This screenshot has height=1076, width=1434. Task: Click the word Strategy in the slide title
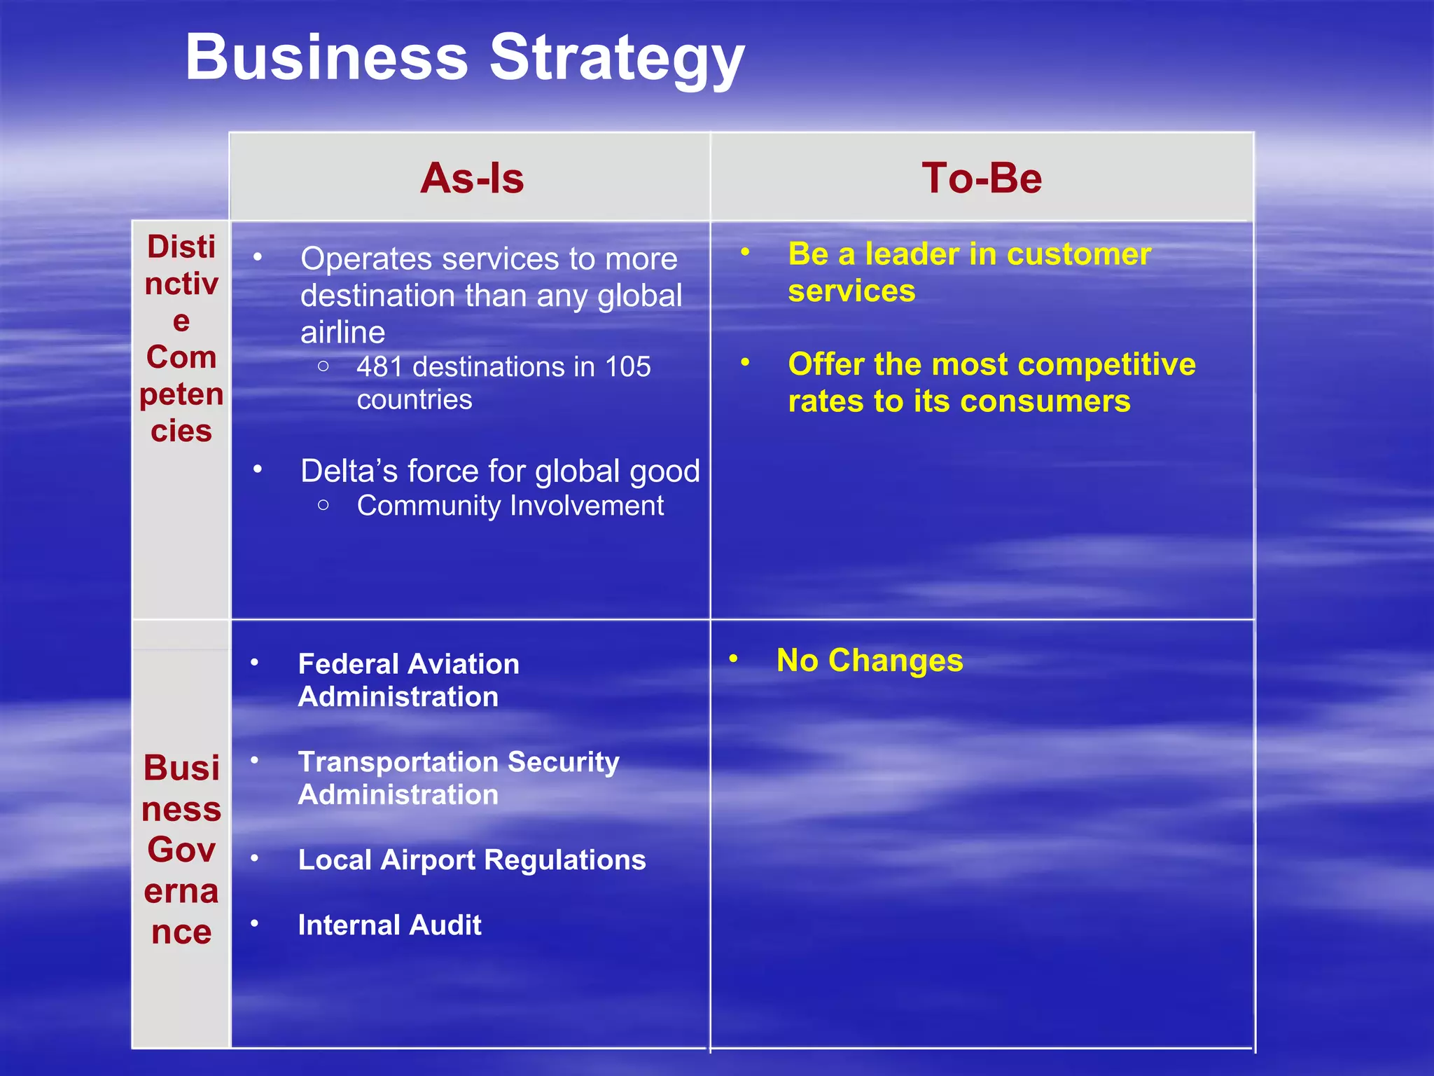616,59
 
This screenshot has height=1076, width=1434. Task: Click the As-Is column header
472,178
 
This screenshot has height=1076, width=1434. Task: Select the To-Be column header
982,178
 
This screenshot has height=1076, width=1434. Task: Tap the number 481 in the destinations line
379,367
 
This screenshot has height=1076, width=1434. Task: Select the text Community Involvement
510,506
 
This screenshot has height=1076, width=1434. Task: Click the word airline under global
342,332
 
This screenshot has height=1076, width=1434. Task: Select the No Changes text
870,661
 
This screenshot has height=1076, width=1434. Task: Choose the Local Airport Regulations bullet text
472,860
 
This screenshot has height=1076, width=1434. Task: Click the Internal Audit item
389,925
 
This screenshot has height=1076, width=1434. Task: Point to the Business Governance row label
181,849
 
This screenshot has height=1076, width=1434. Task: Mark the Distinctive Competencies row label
181,339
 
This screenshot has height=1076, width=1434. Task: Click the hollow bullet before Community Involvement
323,505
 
